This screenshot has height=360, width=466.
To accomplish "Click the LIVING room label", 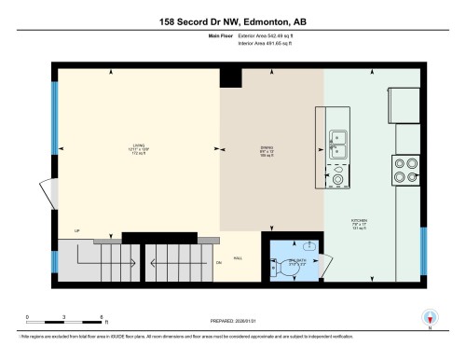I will point(139,149).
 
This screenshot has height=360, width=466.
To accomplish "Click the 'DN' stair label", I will point(219,264).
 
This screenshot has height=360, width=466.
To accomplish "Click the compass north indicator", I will point(430,318).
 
